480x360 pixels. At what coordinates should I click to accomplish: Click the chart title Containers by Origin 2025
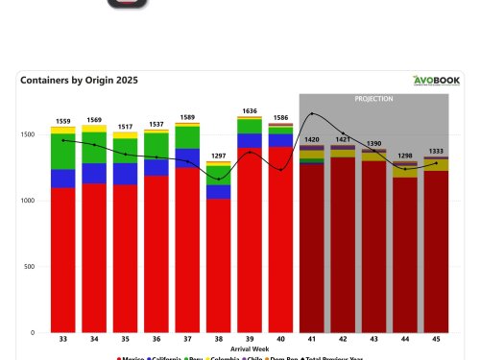click(x=79, y=82)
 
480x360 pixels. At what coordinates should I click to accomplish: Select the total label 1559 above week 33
click(x=62, y=121)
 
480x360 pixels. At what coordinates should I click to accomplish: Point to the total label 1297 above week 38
click(x=218, y=156)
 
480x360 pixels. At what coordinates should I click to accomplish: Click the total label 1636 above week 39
click(x=250, y=110)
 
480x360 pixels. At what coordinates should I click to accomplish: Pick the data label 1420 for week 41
click(x=311, y=139)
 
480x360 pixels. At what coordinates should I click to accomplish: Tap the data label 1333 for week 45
click(x=436, y=151)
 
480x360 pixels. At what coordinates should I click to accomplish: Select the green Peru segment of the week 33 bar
click(x=62, y=152)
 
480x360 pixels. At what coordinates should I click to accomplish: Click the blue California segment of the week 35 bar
click(x=125, y=174)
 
